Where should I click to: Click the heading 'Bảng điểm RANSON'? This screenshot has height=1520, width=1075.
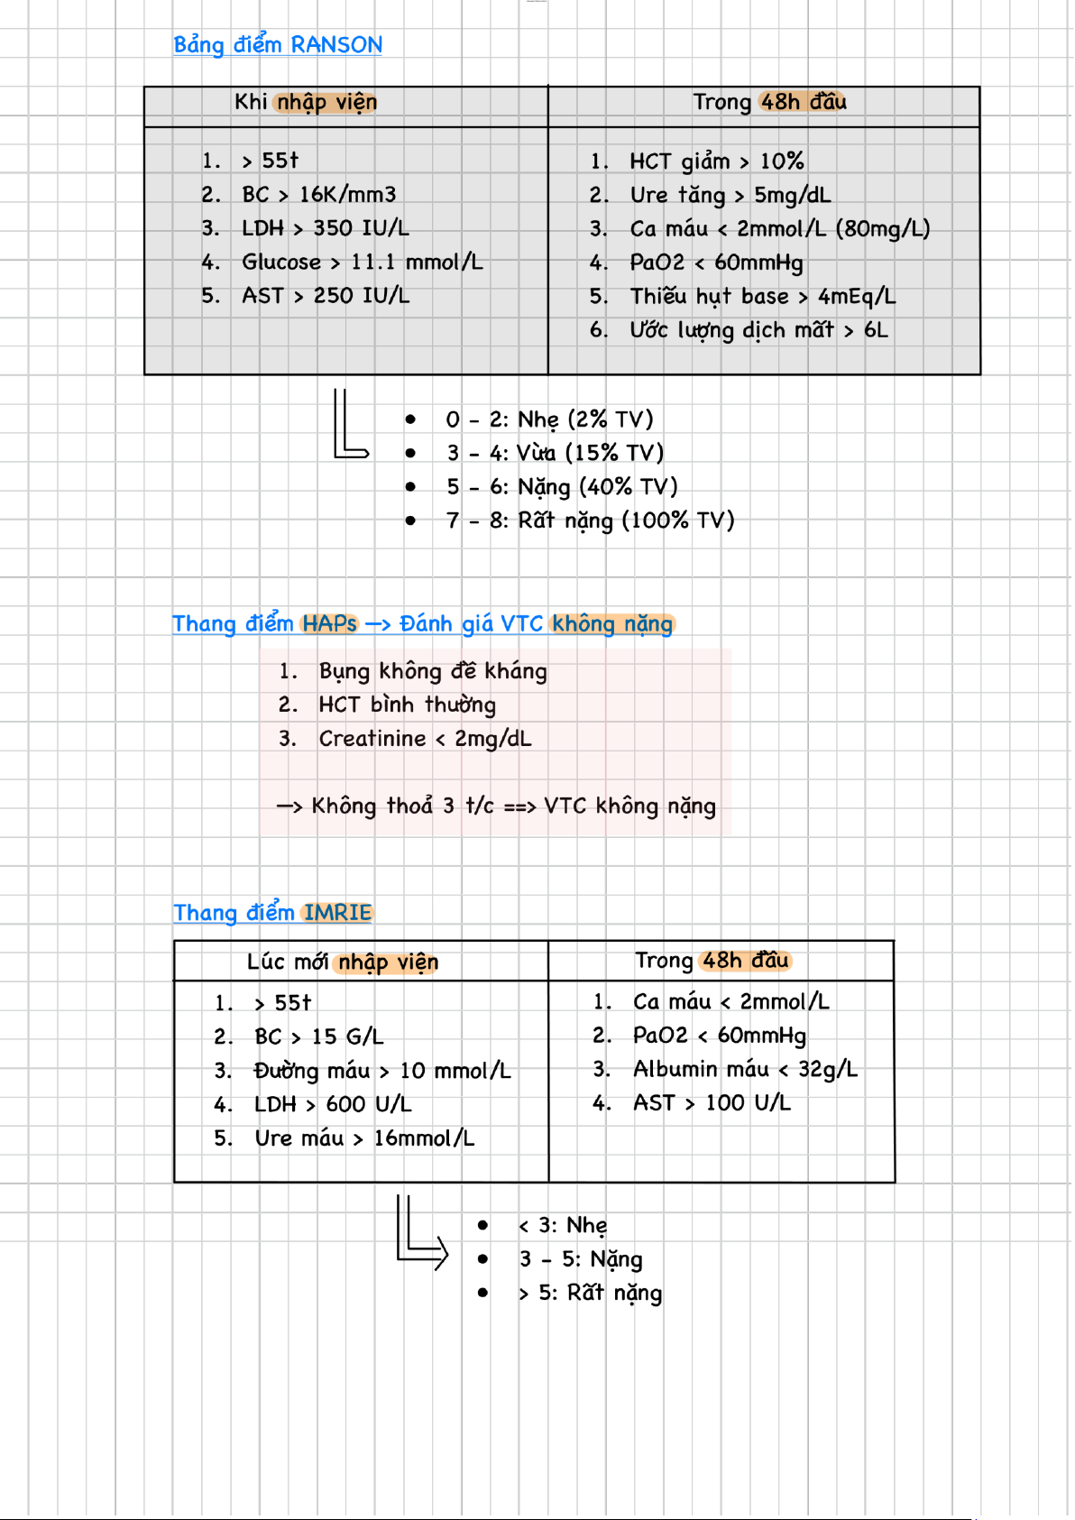278,45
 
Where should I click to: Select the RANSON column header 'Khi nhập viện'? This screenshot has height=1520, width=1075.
306,102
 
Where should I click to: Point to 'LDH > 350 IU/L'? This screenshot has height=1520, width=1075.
326,228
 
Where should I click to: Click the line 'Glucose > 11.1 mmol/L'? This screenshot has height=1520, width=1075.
363,262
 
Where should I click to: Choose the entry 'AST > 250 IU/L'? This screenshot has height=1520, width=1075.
326,296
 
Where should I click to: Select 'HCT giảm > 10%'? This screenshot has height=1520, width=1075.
717,161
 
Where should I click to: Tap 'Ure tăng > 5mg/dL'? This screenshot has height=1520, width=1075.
730,196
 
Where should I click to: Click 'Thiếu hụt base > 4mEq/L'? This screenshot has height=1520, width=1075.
763,297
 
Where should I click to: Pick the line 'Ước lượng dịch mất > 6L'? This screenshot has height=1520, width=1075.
759,330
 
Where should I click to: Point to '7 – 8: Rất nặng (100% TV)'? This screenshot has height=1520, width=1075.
591,520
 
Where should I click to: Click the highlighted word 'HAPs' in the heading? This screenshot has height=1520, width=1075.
329,623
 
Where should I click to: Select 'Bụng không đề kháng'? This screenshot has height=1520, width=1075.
433,671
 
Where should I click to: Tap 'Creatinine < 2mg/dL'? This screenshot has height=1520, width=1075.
426,738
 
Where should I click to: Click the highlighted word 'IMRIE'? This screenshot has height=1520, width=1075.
337,913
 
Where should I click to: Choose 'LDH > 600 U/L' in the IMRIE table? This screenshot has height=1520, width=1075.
333,1105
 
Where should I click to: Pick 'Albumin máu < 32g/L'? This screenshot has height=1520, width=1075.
746,1070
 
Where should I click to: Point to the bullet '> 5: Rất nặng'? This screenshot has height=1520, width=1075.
590,1294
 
